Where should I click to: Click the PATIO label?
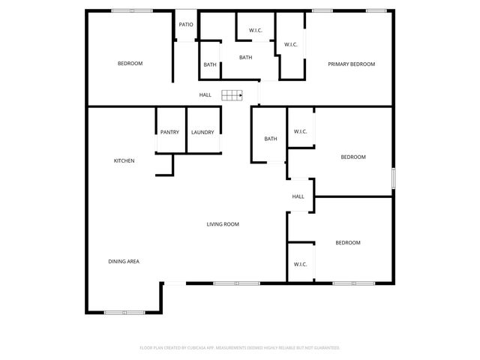186,25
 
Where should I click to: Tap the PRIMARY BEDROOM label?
351,64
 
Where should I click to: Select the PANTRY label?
169,133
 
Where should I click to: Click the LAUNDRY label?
202,133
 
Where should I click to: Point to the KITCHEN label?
124,160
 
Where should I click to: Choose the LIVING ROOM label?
223,224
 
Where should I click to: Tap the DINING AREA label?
124,261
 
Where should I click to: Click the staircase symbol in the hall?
232,94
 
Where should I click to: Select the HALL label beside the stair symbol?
205,95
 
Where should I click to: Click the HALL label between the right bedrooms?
298,196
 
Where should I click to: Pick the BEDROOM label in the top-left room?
130,64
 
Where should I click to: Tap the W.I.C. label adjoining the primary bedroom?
291,44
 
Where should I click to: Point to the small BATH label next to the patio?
210,64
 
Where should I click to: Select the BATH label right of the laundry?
271,139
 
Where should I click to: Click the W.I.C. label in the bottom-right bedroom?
300,264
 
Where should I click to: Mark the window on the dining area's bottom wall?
124,312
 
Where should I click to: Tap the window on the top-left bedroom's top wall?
132,10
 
